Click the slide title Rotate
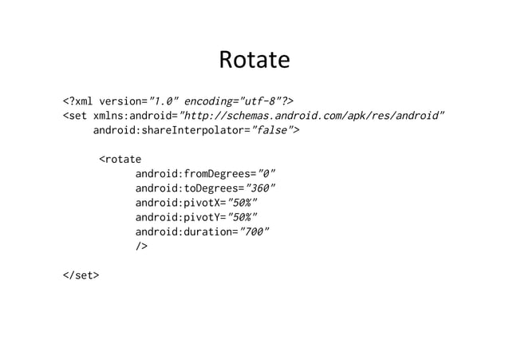point(254,61)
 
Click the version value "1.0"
point(166,101)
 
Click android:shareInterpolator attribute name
point(169,130)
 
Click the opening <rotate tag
point(120,159)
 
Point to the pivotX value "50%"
point(243,203)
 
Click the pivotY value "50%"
point(243,217)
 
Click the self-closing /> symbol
point(141,247)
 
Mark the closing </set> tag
point(81,275)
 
